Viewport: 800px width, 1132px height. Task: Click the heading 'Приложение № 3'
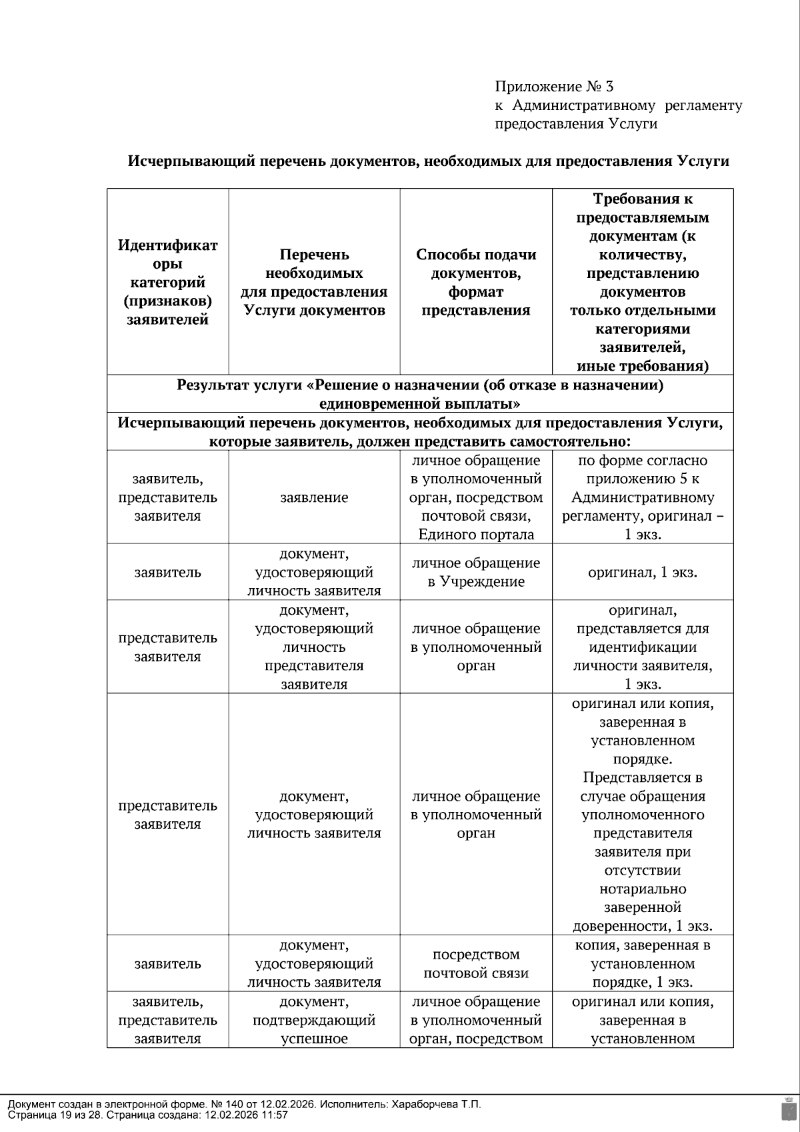(x=553, y=87)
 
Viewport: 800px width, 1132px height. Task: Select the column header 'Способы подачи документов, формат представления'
(x=476, y=282)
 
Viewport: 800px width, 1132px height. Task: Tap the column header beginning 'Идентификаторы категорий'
(x=167, y=282)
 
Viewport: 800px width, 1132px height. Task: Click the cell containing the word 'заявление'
(x=314, y=497)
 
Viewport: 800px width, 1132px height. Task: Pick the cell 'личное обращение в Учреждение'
(x=476, y=572)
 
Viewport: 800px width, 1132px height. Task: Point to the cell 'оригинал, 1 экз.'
(x=643, y=572)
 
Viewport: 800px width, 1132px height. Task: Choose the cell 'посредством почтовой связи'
(x=476, y=963)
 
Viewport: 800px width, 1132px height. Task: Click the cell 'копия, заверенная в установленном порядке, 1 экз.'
(x=643, y=963)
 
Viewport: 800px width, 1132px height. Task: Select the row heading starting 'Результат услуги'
(x=420, y=394)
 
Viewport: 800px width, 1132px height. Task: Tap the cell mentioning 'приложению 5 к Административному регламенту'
(x=643, y=497)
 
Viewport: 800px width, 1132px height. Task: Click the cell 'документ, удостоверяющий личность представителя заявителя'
(x=314, y=647)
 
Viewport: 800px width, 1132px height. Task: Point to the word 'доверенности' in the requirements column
(x=621, y=926)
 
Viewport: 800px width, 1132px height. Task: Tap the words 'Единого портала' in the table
(x=476, y=535)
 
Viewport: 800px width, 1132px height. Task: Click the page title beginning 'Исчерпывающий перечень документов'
(x=429, y=161)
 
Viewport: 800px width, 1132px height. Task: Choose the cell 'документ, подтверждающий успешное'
(x=314, y=1020)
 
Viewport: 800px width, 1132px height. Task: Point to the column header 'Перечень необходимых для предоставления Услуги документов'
(x=314, y=282)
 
